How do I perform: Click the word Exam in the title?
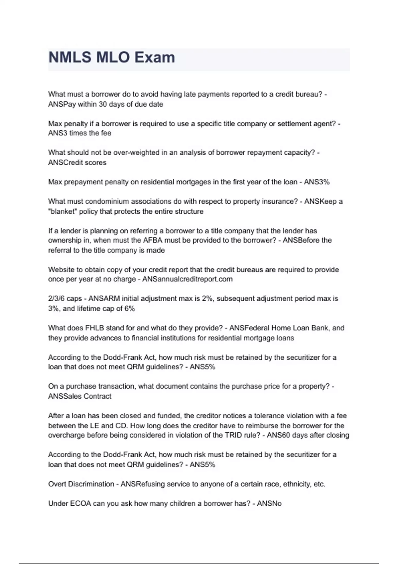pos(154,57)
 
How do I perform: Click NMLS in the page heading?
pos(70,57)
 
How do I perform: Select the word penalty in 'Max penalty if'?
pos(75,124)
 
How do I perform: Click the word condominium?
pos(107,201)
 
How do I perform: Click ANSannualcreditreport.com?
pos(187,279)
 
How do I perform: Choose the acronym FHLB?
pos(95,328)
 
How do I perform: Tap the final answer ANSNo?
pos(269,503)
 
